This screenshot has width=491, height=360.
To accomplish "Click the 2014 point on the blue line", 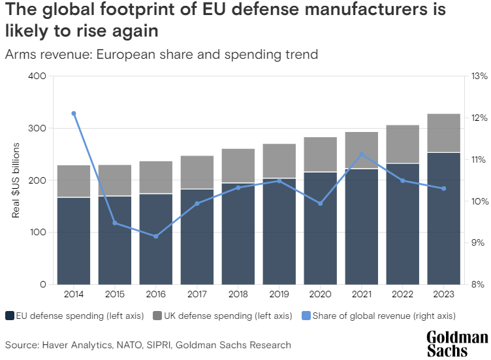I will click(74, 114).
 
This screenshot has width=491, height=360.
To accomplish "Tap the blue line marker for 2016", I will click(156, 236).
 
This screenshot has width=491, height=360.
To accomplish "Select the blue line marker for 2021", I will click(362, 155).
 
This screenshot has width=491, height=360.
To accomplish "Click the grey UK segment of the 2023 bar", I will click(444, 133).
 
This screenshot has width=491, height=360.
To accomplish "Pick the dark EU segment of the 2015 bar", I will click(115, 240).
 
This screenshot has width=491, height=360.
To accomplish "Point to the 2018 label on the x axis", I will click(238, 295).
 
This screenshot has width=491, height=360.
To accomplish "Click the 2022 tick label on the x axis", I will click(403, 295).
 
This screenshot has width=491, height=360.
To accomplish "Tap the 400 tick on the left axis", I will click(37, 76).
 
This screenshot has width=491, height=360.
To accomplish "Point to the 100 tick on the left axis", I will click(37, 233).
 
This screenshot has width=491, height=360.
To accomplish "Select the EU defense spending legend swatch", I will click(10, 316).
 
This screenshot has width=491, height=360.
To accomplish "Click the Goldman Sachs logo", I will click(456, 344).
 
